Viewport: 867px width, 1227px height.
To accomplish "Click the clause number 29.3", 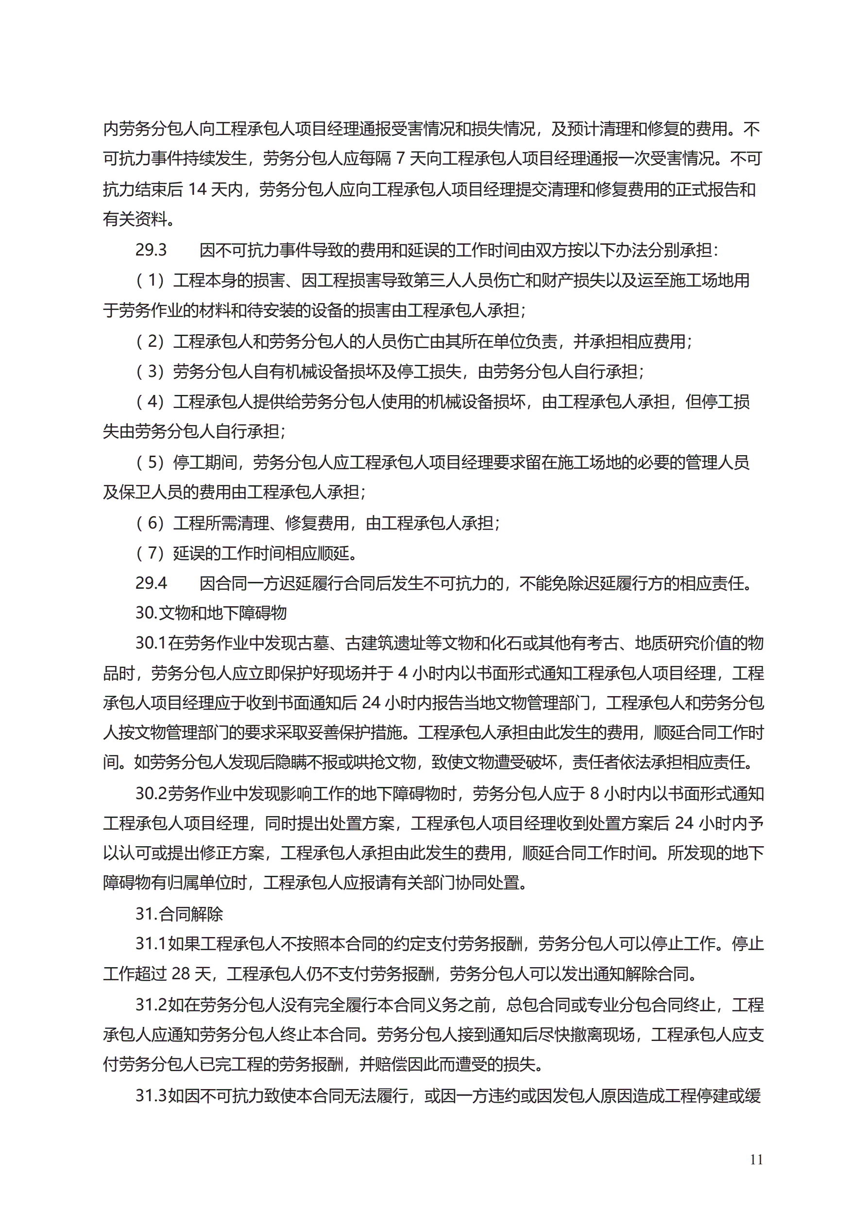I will [151, 250].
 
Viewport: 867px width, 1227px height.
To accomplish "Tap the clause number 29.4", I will [151, 583].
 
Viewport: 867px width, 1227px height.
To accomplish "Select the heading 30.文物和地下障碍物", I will [211, 613].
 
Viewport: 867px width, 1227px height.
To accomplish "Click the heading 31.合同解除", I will [179, 914].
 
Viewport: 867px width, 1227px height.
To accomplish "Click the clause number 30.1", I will [151, 643].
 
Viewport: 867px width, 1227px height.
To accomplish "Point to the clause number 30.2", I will [151, 794].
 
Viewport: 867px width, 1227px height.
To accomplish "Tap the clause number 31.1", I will [151, 944].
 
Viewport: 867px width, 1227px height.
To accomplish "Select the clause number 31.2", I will [151, 1005].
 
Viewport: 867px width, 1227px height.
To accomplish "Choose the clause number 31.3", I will [151, 1096].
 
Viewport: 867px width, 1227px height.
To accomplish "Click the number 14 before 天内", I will [197, 189].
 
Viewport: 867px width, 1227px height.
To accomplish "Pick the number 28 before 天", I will [181, 974].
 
